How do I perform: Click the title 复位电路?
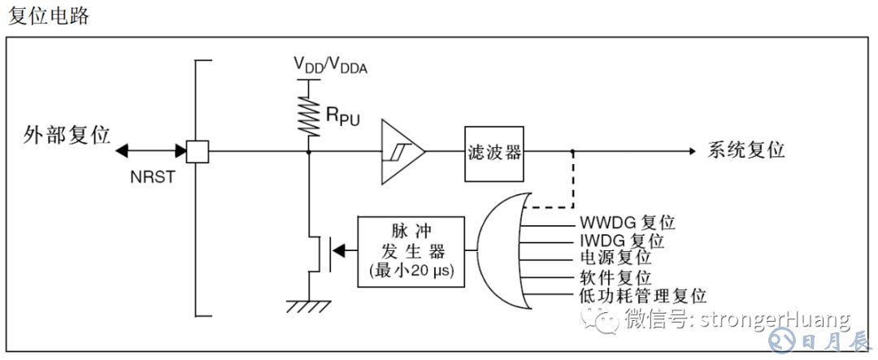(x=48, y=16)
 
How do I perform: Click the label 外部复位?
(x=67, y=135)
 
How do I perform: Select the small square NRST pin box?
(x=197, y=151)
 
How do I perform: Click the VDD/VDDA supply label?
(x=330, y=65)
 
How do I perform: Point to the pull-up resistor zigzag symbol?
(x=310, y=115)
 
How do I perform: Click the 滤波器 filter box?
(x=494, y=152)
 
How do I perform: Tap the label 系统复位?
(x=746, y=151)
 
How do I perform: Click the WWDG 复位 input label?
(x=628, y=222)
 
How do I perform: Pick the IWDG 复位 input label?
(x=622, y=241)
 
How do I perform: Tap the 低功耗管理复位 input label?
(x=642, y=297)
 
